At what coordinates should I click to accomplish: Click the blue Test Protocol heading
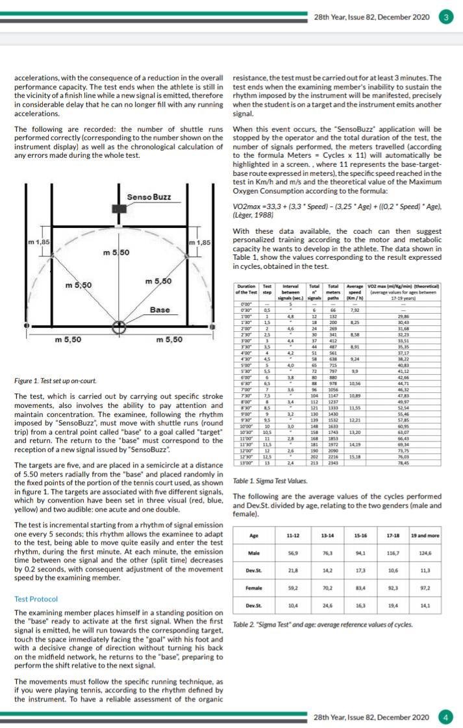[x=36, y=599]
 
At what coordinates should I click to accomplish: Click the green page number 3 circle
[x=446, y=17]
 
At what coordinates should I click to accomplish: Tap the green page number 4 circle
[x=446, y=717]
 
